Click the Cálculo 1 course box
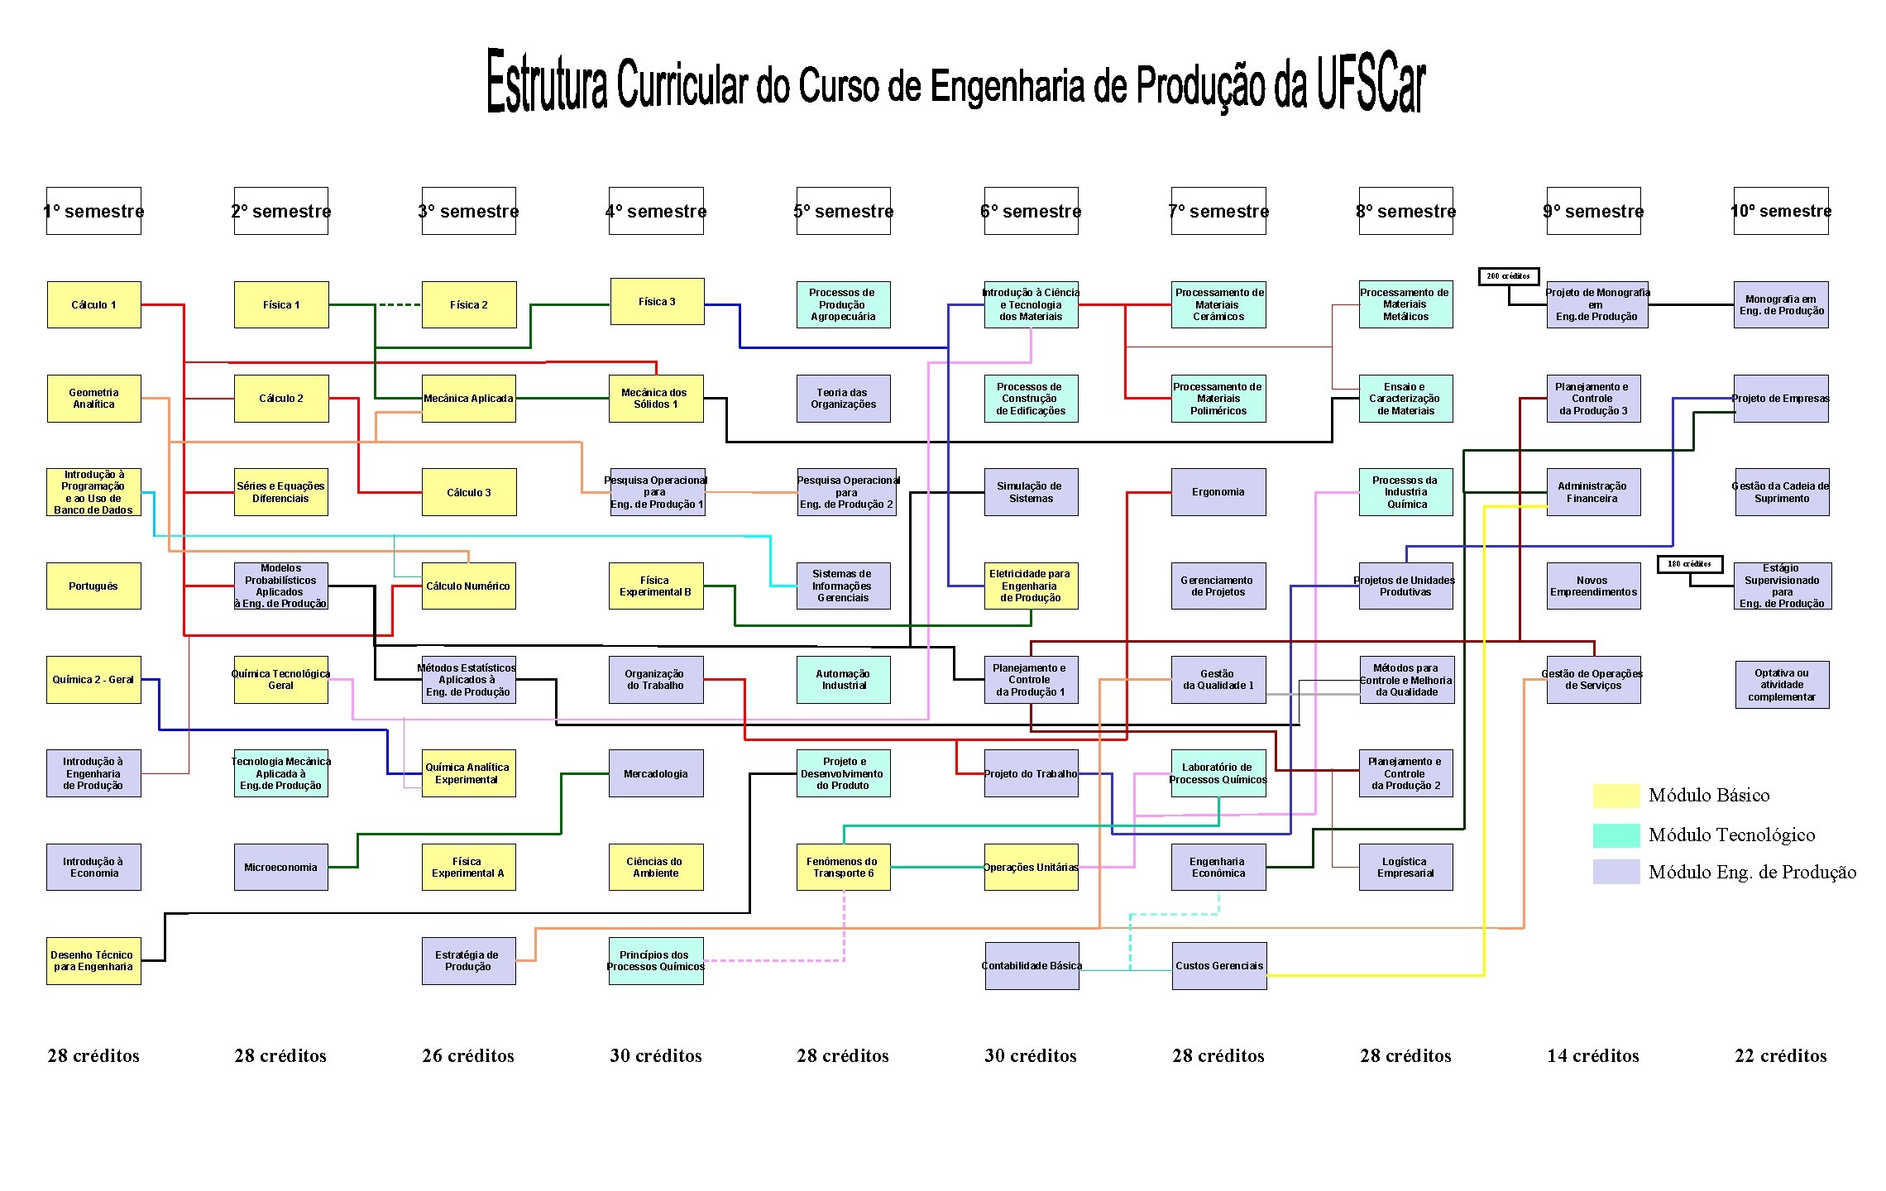click(93, 304)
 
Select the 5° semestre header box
click(843, 211)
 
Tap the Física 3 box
click(657, 301)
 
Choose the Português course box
click(93, 586)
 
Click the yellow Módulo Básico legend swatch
click(1616, 796)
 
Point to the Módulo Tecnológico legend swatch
click(1616, 835)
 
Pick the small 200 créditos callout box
click(1508, 275)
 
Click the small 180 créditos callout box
click(1689, 564)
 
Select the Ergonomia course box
click(1218, 492)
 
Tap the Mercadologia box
click(656, 773)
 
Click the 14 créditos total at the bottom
click(1592, 1055)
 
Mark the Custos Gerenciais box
click(1219, 965)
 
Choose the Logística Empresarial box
click(1405, 867)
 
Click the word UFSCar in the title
click(1371, 83)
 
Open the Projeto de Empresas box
click(1780, 399)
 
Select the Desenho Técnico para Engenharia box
click(93, 960)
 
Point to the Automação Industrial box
click(843, 680)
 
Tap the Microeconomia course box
click(280, 867)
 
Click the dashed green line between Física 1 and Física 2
click(399, 304)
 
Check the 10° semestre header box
click(1780, 211)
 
